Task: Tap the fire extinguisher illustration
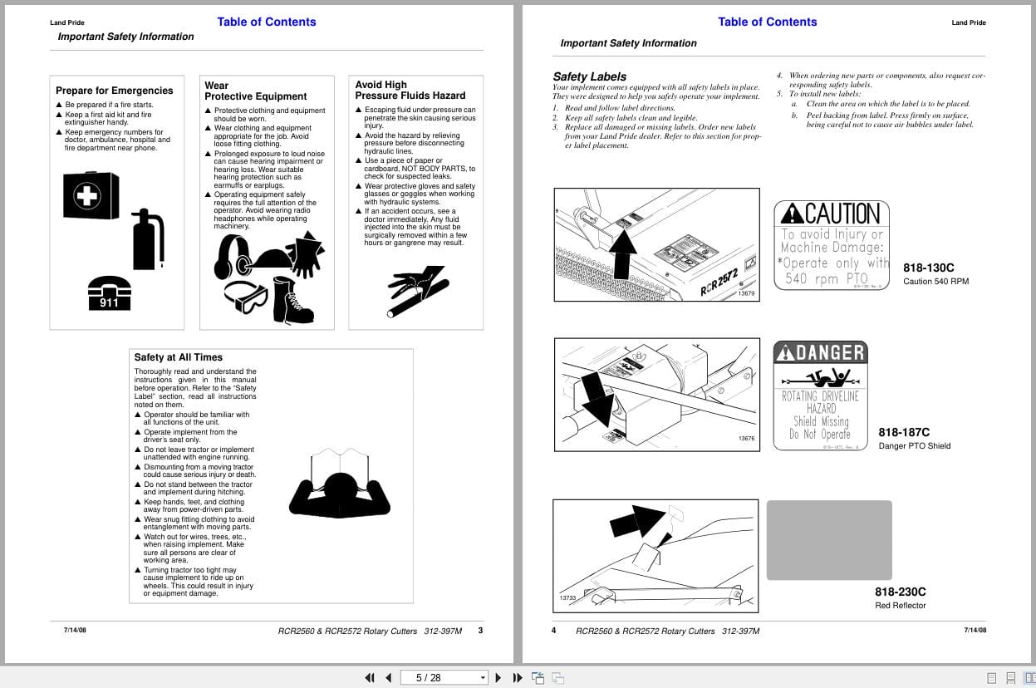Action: pos(148,239)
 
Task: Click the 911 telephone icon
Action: pos(110,293)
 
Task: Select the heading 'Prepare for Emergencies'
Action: pos(115,91)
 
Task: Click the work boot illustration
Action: pos(293,301)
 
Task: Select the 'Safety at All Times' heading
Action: pos(179,357)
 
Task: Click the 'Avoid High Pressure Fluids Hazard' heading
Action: pos(410,90)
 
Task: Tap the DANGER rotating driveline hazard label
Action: pos(820,396)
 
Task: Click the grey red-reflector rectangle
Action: pos(829,540)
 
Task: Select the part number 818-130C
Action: pos(929,268)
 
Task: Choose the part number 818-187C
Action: pos(904,432)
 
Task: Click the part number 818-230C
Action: pos(900,592)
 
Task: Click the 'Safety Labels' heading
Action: pos(590,76)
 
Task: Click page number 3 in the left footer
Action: pos(480,631)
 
